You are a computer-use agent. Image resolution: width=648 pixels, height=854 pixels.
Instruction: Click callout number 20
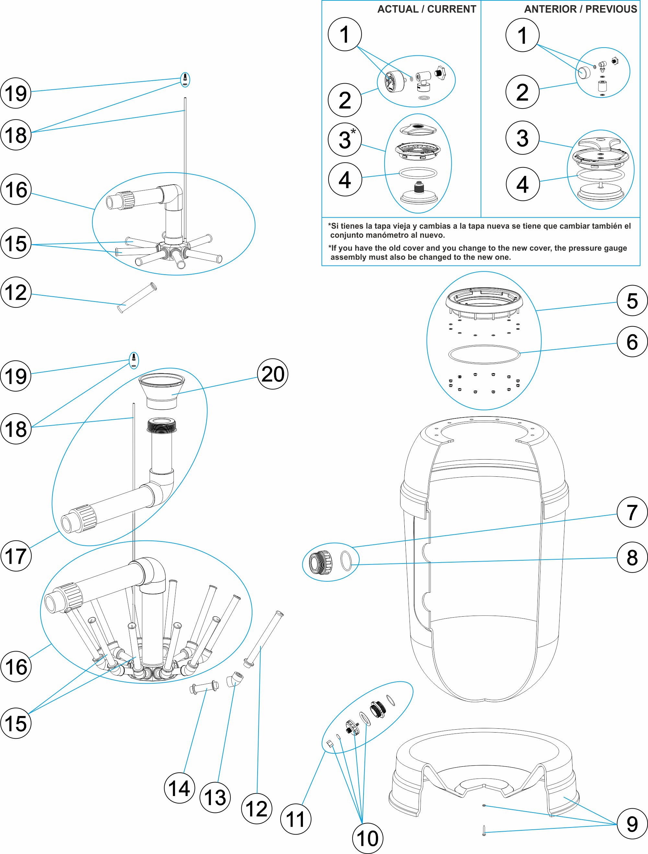tap(272, 374)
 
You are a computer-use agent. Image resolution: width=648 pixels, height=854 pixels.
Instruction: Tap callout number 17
tap(16, 556)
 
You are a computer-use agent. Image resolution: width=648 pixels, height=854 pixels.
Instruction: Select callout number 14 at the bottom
tap(179, 788)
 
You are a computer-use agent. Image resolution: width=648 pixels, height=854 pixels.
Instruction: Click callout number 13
tap(215, 797)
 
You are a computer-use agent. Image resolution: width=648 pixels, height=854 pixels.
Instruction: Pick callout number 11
tap(295, 819)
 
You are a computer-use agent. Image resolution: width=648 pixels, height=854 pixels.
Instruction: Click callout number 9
tap(632, 824)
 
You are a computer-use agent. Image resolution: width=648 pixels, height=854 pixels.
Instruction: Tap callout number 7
tap(632, 512)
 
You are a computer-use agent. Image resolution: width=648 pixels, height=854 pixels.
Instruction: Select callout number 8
tap(632, 557)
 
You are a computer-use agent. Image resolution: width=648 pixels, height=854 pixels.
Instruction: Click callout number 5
tap(632, 300)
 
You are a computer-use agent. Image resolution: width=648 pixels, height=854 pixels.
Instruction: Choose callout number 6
tap(632, 341)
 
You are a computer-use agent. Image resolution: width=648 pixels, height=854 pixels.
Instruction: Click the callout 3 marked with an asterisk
tap(345, 139)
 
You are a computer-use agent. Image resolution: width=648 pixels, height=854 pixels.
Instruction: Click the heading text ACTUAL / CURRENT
tap(426, 9)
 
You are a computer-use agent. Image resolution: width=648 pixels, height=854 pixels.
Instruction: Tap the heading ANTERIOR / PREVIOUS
tap(580, 9)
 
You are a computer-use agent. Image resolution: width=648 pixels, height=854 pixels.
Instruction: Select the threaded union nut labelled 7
tap(320, 563)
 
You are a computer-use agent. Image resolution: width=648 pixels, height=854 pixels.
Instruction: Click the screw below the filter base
tap(484, 830)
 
